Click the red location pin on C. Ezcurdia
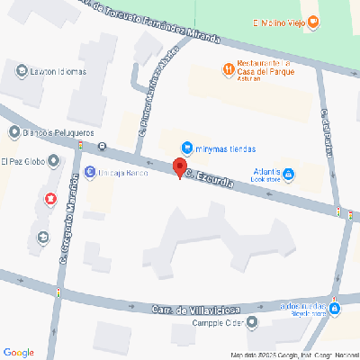coord(179,168)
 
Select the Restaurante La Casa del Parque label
coord(260,68)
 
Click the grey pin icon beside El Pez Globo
coord(53,162)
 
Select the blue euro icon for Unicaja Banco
coord(88,172)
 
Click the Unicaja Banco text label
coord(123,172)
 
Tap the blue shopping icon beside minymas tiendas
coord(186,147)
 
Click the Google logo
coord(19,351)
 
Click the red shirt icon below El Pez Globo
coord(49,198)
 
